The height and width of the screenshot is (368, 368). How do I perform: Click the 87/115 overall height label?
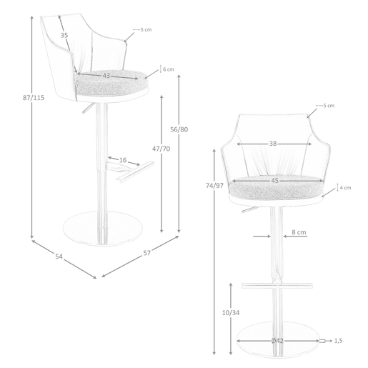[x=34, y=98]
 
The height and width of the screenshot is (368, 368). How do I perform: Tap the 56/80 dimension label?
[x=179, y=129]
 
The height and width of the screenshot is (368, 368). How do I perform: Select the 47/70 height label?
[x=161, y=149]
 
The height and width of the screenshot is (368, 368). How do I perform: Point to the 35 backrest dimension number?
[x=64, y=35]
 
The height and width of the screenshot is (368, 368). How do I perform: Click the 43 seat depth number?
[x=106, y=76]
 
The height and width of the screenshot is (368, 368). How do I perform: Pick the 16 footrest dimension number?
[x=123, y=160]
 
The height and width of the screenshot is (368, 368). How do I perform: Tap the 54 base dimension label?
[x=59, y=257]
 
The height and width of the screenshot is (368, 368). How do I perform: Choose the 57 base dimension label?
[x=146, y=253]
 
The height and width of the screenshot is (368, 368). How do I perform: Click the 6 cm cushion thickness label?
[x=169, y=69]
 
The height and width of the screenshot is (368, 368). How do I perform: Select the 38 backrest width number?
[x=273, y=144]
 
